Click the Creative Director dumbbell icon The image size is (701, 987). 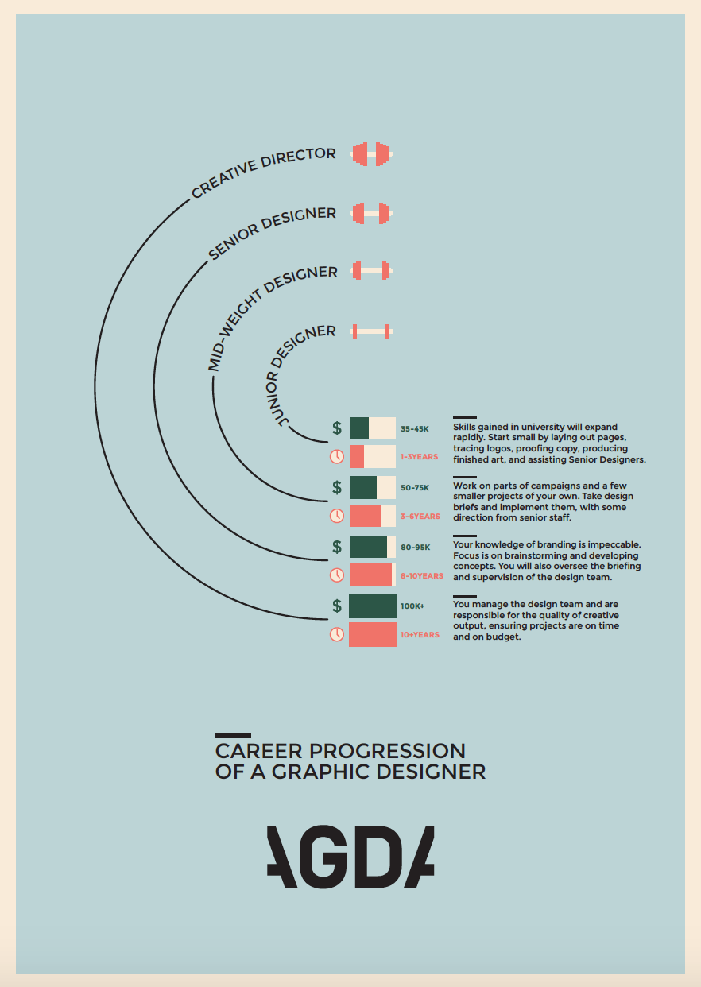click(x=371, y=154)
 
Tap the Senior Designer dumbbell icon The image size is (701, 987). click(x=371, y=213)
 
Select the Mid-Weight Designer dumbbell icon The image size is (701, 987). click(x=371, y=270)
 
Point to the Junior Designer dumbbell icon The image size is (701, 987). click(x=371, y=331)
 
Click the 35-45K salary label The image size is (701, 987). click(x=415, y=428)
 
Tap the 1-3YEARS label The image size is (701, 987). click(x=419, y=456)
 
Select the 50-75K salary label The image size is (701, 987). click(x=415, y=488)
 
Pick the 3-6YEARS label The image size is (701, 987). click(x=420, y=516)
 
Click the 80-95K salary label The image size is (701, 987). click(x=415, y=548)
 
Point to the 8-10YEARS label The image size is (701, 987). click(x=422, y=576)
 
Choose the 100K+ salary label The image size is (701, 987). click(x=412, y=606)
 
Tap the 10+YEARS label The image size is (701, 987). click(x=420, y=634)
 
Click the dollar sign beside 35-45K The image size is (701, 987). click(x=337, y=428)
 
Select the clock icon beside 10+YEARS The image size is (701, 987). click(x=337, y=634)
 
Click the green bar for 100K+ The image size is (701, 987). click(x=373, y=606)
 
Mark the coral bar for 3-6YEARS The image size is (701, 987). click(x=366, y=516)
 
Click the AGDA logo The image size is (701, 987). click(x=350, y=857)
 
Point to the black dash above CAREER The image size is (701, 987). click(x=233, y=735)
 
